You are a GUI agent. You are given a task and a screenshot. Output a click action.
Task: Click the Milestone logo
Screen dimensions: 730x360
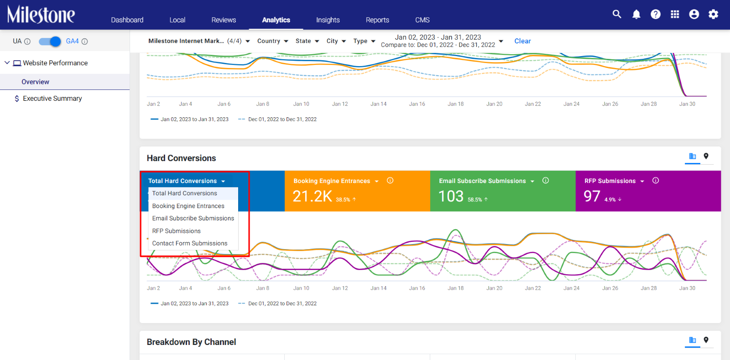[41, 14]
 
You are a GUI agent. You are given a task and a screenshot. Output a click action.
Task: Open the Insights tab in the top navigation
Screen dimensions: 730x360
[328, 20]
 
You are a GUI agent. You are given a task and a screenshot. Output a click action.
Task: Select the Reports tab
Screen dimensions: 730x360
[377, 20]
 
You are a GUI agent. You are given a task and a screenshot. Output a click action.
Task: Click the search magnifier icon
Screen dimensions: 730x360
[616, 14]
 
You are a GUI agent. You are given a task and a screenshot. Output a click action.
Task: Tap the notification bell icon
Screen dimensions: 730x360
[636, 14]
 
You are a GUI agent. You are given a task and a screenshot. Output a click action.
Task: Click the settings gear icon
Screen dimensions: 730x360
[714, 14]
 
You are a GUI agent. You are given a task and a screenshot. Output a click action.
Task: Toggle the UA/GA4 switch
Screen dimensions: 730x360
[50, 42]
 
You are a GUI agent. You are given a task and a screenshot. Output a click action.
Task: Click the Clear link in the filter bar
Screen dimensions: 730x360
[522, 41]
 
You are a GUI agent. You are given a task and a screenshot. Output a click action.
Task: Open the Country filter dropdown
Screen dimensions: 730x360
[273, 41]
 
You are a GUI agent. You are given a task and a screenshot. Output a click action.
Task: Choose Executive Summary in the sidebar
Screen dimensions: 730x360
[52, 99]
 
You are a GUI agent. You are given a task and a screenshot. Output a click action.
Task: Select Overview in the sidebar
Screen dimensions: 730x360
[35, 82]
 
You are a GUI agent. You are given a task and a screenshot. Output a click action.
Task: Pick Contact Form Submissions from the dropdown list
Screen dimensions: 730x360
[190, 243]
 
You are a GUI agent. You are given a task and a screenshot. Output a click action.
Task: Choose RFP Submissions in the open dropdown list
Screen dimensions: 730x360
[176, 231]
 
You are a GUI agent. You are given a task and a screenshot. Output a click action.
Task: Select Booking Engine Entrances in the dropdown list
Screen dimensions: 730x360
[188, 206]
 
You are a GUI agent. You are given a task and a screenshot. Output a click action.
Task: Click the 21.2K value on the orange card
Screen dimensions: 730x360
[312, 197]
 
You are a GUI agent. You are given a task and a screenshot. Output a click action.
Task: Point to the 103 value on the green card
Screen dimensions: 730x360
[451, 197]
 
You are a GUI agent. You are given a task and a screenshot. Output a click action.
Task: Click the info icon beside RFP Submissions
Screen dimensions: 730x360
[656, 181]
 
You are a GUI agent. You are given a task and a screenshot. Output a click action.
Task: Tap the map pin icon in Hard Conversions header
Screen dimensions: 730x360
[706, 157]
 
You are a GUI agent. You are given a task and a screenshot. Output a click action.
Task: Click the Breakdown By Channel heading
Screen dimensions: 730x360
[191, 342]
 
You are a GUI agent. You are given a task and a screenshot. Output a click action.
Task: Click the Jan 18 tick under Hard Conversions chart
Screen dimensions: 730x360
[456, 288]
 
